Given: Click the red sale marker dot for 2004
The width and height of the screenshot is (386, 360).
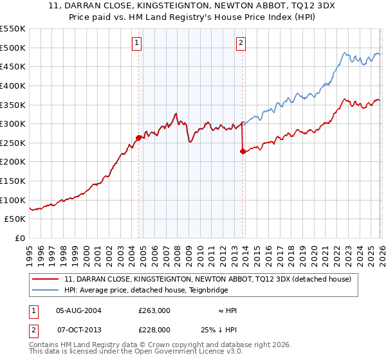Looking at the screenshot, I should click(138, 138).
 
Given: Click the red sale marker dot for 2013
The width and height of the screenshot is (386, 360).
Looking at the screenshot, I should click(243, 151).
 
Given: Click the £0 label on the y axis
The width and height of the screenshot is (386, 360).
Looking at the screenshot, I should click(20, 239).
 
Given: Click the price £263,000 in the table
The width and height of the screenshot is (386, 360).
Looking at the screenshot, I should click(154, 310).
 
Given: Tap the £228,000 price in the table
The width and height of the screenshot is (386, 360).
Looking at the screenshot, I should click(154, 329).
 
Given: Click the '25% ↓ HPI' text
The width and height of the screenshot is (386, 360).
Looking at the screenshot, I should click(218, 329).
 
